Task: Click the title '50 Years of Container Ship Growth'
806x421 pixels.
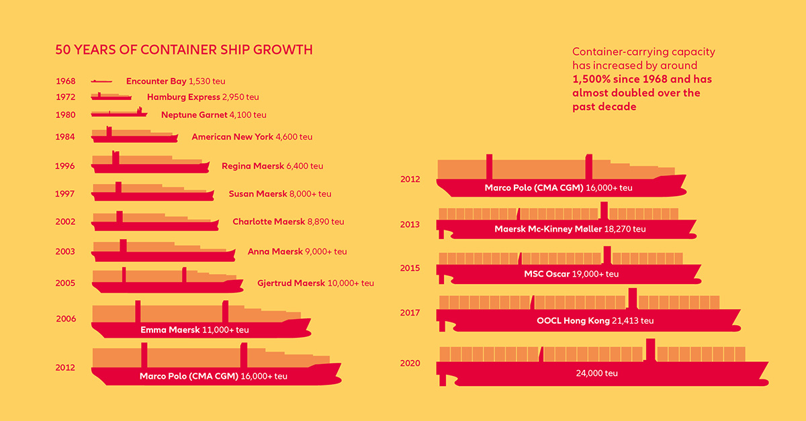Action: point(183,50)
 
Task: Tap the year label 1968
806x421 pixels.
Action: point(65,81)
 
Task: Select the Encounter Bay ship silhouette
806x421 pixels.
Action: point(101,81)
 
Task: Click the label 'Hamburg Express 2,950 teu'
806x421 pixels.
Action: point(203,97)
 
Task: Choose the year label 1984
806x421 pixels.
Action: point(65,137)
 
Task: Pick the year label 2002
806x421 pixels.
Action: point(65,222)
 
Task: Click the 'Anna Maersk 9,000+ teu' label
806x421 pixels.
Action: point(297,252)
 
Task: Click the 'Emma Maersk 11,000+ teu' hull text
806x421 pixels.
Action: point(194,330)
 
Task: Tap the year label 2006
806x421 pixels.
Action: point(65,319)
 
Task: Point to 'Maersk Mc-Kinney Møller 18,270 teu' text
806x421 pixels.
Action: point(570,229)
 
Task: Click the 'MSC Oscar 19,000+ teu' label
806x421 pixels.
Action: point(571,274)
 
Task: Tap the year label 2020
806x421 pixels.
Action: point(410,363)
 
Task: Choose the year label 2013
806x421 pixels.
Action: point(410,224)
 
